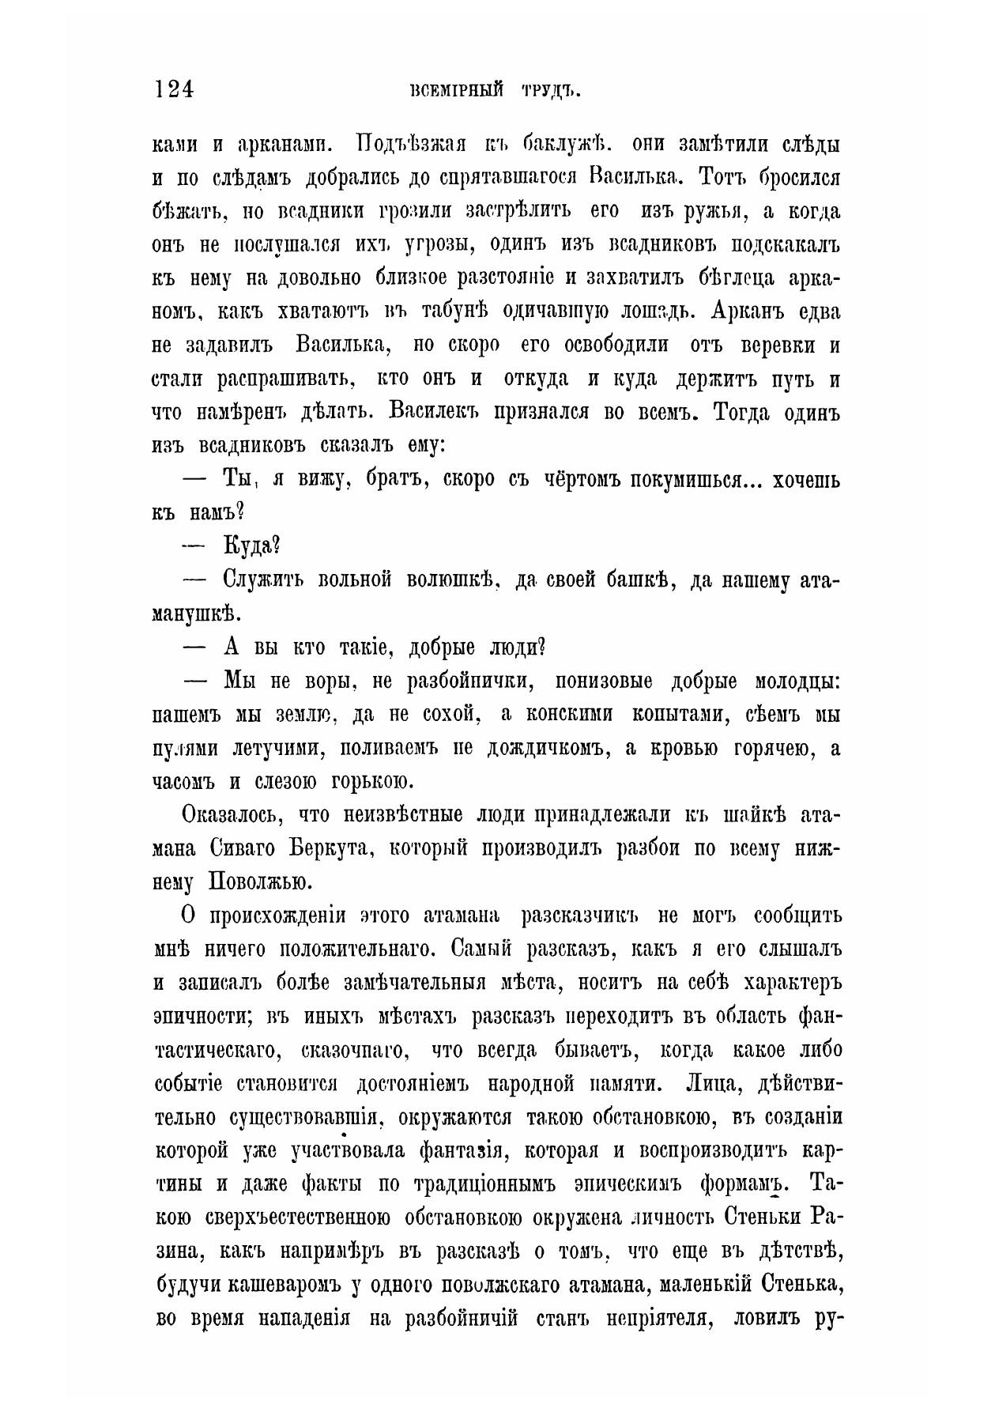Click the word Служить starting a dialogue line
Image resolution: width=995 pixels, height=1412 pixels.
[x=263, y=580]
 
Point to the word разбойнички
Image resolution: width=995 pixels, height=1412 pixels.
[x=459, y=681]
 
